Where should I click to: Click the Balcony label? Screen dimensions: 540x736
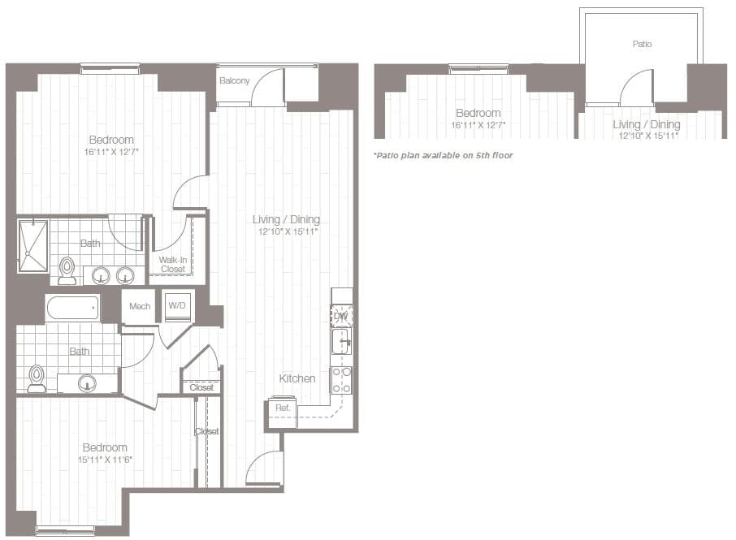point(234,80)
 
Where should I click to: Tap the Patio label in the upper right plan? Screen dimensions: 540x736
point(642,44)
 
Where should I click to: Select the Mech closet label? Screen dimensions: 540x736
point(140,306)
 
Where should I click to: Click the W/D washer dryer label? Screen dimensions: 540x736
point(176,305)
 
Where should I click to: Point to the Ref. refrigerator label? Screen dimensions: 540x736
point(283,408)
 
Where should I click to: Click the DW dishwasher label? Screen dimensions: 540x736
point(340,316)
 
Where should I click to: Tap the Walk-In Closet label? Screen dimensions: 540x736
point(172,264)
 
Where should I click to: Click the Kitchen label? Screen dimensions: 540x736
point(297,378)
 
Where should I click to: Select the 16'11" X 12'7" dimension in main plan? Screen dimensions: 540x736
point(111,152)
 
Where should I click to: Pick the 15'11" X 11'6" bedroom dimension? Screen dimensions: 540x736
point(105,460)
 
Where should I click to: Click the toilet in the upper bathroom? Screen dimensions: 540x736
point(67,270)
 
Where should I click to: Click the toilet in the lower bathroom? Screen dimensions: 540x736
point(37,378)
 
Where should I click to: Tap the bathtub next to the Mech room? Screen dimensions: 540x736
point(73,308)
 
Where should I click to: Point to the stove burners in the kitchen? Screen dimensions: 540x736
point(341,379)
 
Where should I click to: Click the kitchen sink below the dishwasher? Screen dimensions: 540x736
point(341,341)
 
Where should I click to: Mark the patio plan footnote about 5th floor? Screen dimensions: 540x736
point(443,154)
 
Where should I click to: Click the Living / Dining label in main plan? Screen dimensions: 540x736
point(286,219)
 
